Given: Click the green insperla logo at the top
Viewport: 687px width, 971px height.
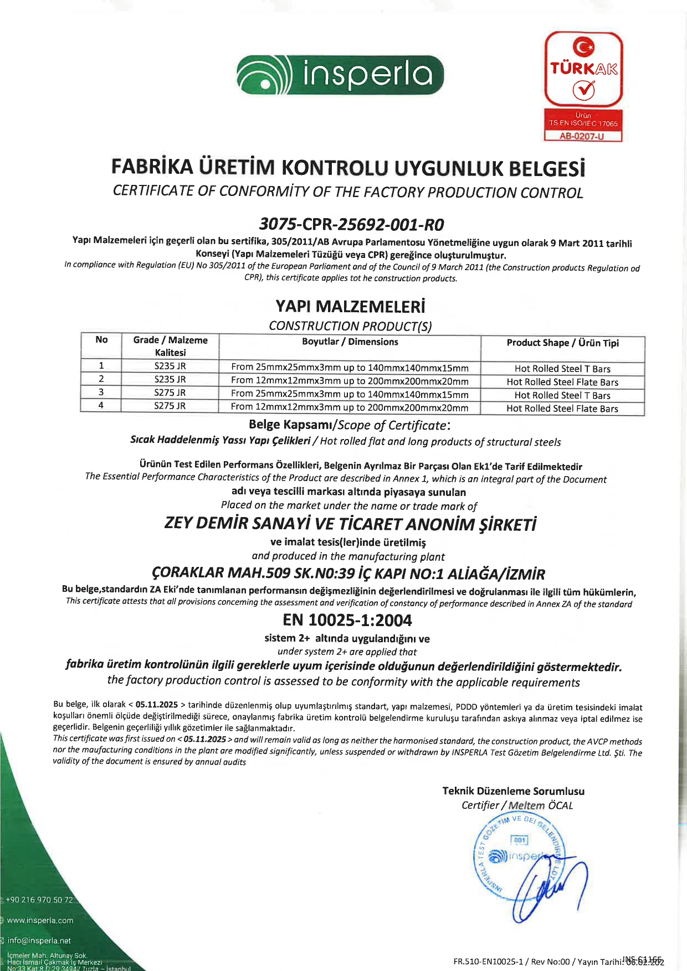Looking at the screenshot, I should point(340,75).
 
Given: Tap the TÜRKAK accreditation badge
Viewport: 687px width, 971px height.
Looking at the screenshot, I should point(583,70).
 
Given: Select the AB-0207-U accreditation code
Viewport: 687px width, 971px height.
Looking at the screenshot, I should point(583,136).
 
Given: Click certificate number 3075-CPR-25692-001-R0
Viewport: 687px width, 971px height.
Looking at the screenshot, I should point(351,224).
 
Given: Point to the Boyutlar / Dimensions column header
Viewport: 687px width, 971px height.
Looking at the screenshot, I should point(350,342).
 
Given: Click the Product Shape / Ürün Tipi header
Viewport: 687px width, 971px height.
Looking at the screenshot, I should point(562,343).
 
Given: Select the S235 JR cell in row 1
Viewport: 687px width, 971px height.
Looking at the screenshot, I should point(170,366).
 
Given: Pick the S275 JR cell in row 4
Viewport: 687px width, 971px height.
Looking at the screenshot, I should point(170,406).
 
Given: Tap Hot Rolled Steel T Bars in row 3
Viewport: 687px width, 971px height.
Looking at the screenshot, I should point(562,395).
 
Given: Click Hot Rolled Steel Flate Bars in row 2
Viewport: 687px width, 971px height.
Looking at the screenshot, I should point(562,382).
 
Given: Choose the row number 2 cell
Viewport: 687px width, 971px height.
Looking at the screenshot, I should point(101,379).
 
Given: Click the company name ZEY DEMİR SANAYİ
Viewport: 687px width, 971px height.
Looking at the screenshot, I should point(350,524).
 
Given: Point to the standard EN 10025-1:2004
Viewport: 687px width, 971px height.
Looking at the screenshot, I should point(347,620).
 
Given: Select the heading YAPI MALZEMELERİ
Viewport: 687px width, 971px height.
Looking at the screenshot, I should point(350,306).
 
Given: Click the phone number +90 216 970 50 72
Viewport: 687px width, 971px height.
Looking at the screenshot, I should point(39,900).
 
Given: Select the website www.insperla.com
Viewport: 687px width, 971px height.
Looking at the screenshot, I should point(40,921).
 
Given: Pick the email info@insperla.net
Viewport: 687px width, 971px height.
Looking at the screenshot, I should point(39,941).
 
